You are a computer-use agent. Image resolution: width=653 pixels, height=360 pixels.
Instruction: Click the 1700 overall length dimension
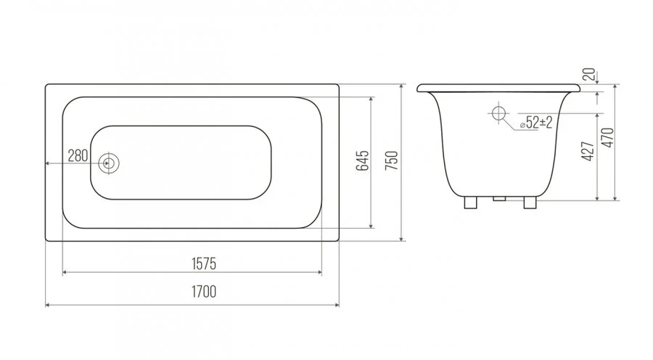coord(204,292)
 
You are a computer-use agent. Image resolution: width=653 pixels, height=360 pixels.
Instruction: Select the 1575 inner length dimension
coord(204,263)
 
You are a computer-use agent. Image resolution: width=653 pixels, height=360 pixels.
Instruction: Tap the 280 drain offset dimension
coord(78,156)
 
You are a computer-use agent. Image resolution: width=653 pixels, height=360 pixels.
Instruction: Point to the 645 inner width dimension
coord(363,161)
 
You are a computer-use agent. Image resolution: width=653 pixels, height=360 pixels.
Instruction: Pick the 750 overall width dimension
coord(392,161)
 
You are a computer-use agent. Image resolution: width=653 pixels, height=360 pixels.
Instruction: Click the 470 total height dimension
coord(609,137)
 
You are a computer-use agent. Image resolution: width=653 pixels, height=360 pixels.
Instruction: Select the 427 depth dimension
coord(588,151)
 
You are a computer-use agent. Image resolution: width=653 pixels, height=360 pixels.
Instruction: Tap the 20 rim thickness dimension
coord(589,75)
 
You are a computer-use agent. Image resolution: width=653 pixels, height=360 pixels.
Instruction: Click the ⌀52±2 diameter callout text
coord(536,123)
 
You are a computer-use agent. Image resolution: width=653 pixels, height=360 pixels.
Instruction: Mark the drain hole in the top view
coord(109,163)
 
